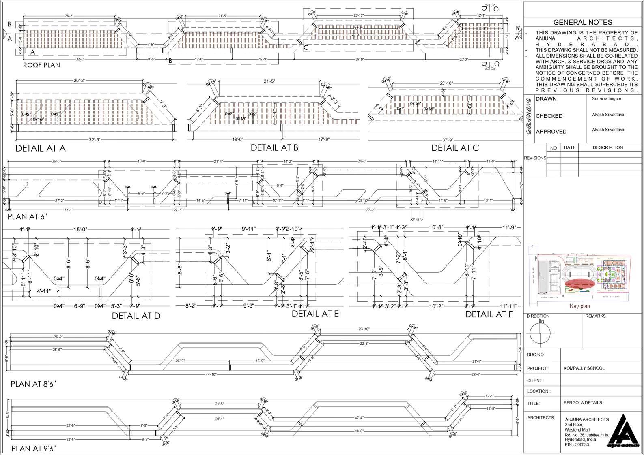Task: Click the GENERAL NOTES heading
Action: (582, 23)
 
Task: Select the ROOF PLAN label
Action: (41, 65)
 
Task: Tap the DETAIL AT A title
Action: (40, 148)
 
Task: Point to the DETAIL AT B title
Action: (274, 147)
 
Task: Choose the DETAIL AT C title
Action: (455, 148)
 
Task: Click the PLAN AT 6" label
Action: (27, 216)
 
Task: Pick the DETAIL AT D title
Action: (136, 316)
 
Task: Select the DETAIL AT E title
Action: (315, 314)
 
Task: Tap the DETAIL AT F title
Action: (489, 314)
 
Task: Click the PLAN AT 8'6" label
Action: (33, 384)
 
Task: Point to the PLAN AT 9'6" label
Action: (34, 448)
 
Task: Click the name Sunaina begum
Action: (606, 98)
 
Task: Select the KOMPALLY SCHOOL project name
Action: (584, 368)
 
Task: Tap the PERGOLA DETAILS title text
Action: (582, 402)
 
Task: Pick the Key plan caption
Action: (579, 306)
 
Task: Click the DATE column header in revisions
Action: (569, 147)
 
